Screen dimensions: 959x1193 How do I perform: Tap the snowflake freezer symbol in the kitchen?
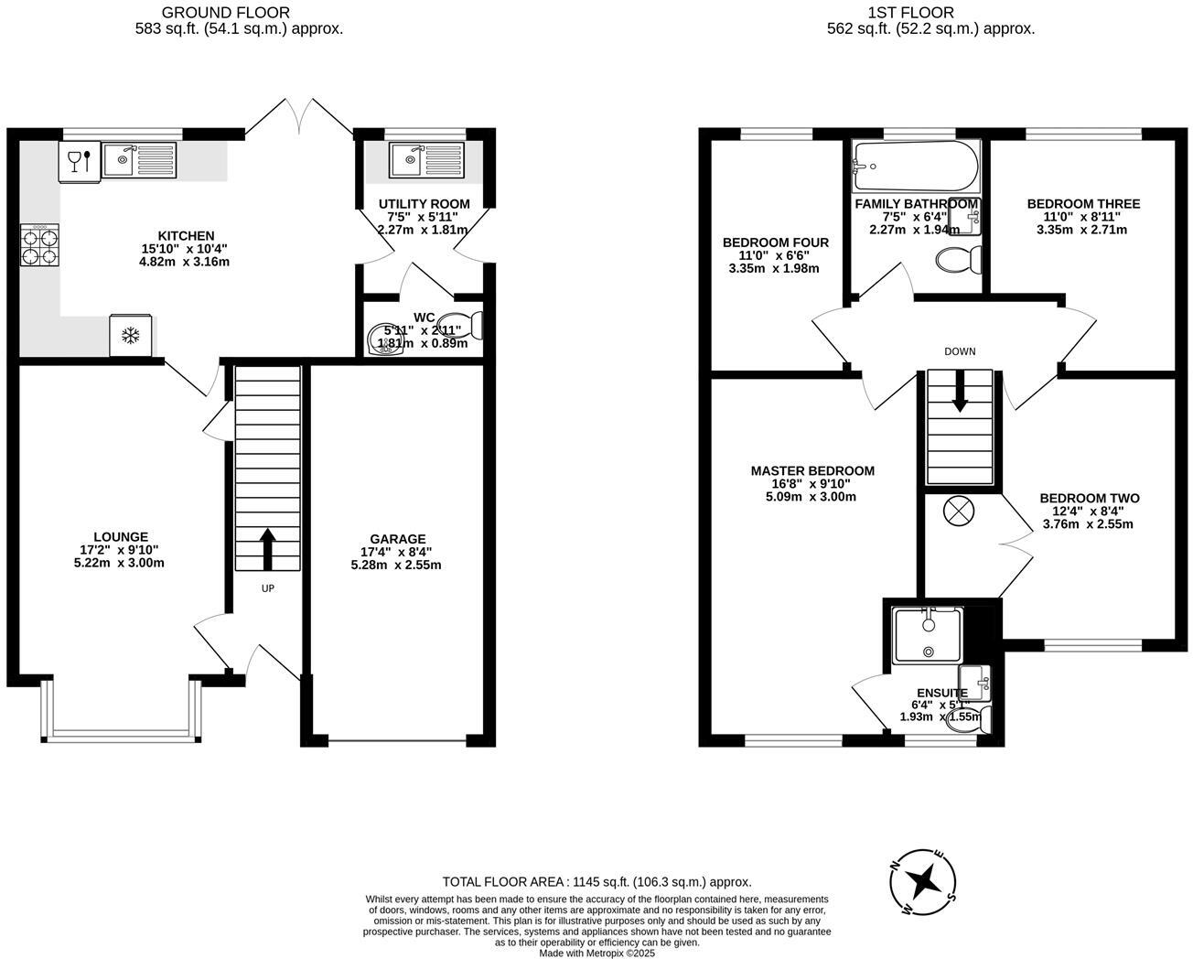tap(131, 336)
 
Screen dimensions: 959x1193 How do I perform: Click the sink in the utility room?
tap(426, 161)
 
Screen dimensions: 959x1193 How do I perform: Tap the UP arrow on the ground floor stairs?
tap(268, 547)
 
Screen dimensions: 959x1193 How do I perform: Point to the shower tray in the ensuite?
tap(928, 635)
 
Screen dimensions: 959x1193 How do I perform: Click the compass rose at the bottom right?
tap(925, 883)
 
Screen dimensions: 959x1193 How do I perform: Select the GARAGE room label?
tap(397, 539)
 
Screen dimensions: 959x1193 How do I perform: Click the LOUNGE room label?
tap(120, 537)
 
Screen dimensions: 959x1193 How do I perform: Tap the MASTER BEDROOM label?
tap(811, 471)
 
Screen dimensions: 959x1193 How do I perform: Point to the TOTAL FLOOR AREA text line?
tap(596, 882)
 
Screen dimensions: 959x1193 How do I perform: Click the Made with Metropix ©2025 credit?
tap(596, 953)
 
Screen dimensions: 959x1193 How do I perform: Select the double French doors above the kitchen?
tap(299, 117)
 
